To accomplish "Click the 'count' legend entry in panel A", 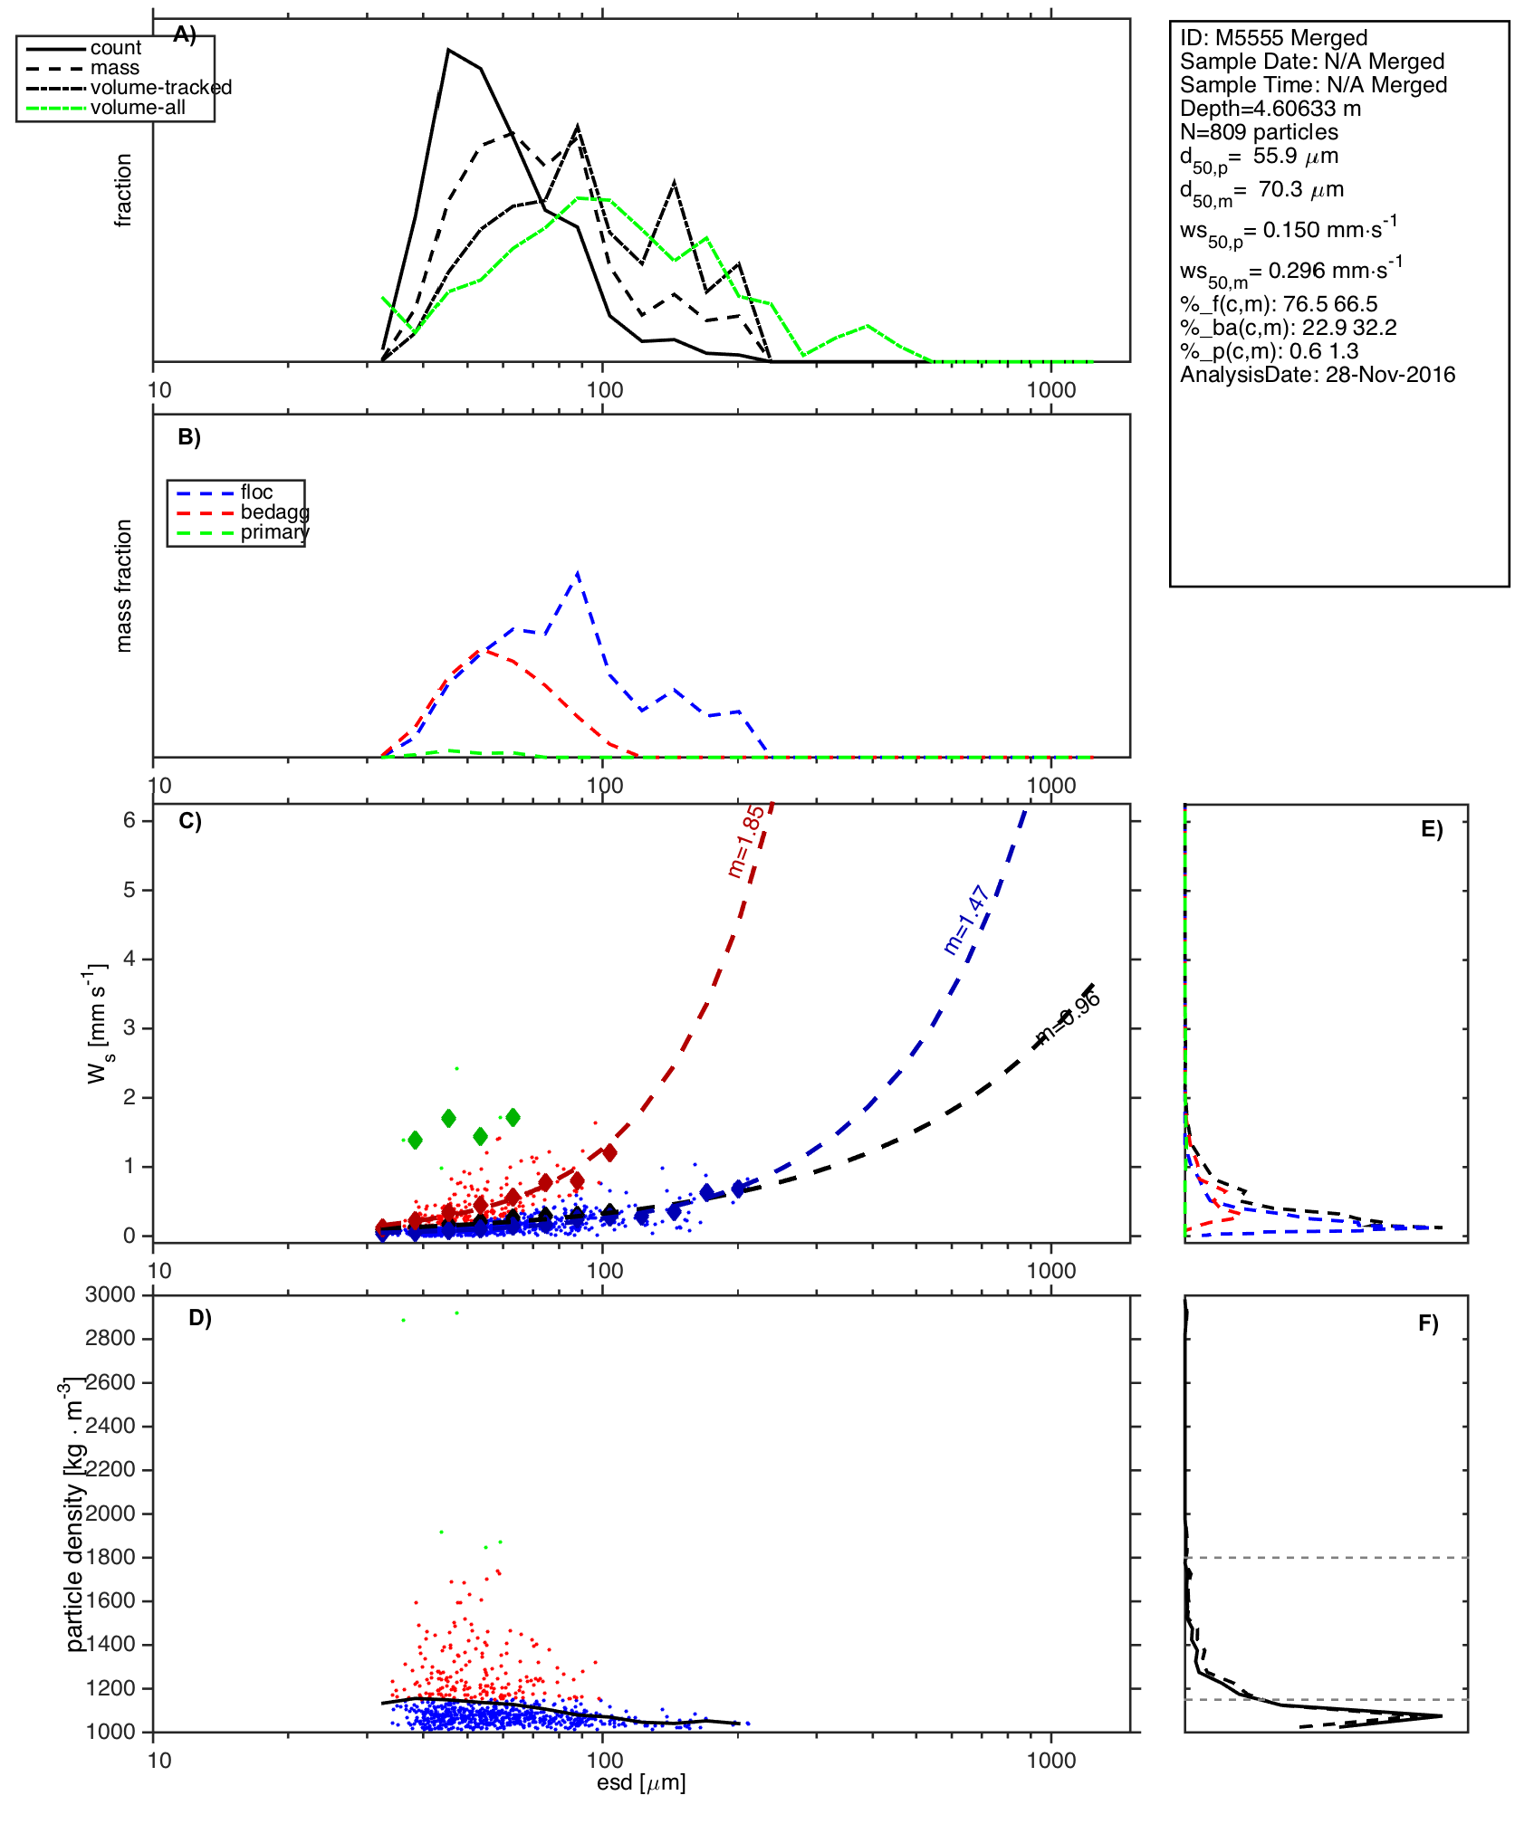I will (115, 48).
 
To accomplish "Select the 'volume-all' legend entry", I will (138, 108).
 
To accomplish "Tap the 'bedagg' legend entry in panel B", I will (274, 512).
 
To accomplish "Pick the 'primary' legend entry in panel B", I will (274, 532).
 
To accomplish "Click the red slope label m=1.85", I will (746, 842).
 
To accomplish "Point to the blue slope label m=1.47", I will (965, 921).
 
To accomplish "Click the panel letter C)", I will (190, 821).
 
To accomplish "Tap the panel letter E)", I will (1432, 829).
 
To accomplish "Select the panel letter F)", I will (1428, 1323).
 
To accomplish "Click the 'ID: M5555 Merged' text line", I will (1273, 38).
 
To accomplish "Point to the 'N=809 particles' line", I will (1259, 132).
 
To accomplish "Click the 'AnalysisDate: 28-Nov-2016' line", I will (1318, 375).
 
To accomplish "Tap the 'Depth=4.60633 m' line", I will (1270, 109).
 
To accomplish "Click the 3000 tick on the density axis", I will (110, 1294).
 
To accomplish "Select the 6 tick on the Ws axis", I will (130, 820).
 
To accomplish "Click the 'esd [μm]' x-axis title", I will (641, 1783).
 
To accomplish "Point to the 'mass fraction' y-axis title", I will (124, 586).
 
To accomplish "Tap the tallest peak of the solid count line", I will (447, 50).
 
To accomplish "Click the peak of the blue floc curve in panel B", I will (578, 572).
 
